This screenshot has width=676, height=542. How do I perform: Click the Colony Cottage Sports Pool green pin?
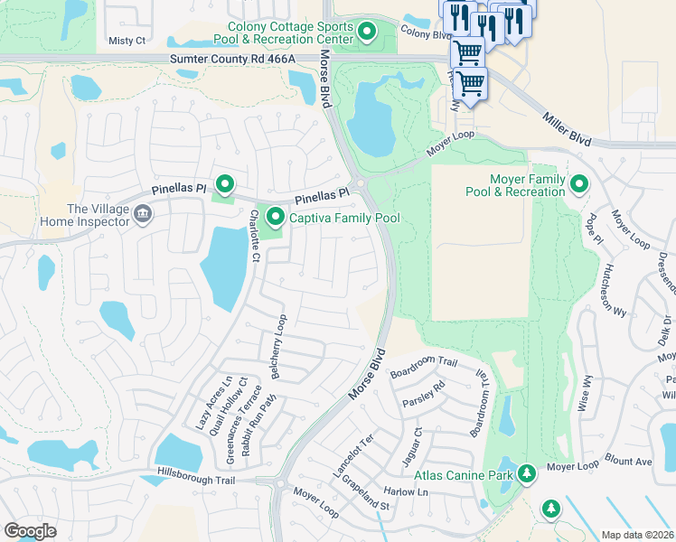(x=367, y=33)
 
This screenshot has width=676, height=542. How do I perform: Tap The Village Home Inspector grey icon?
(x=142, y=214)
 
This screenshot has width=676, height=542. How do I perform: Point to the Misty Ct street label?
(x=127, y=41)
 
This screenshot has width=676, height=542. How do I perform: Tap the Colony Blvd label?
(x=426, y=34)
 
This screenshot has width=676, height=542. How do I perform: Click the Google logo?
(x=30, y=530)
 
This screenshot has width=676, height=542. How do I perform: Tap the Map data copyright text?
(x=638, y=535)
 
